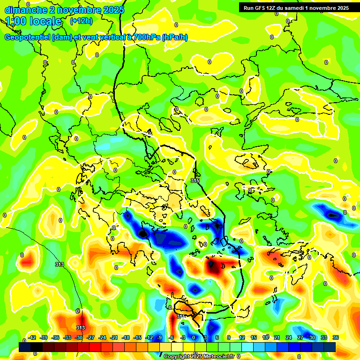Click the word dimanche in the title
pyautogui.click(x=24, y=10)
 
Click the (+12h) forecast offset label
pyautogui.click(x=81, y=21)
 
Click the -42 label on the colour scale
pyautogui.click(x=32, y=338)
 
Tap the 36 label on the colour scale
pyautogui.click(x=336, y=338)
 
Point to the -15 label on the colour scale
pyautogui.click(x=138, y=338)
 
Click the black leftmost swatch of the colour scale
pyautogui.click(x=25, y=347)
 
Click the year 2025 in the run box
pyautogui.click(x=340, y=8)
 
